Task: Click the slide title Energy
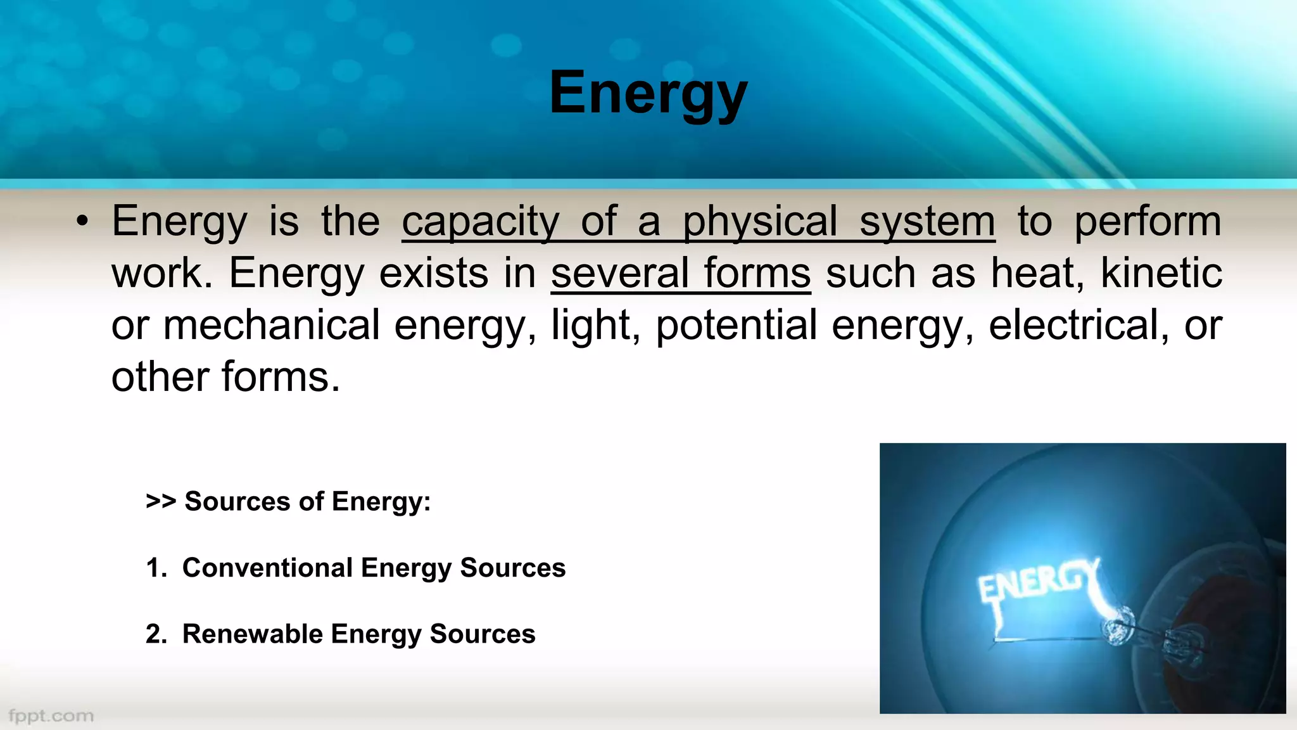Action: [x=648, y=94]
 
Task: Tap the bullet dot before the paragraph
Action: [x=82, y=222]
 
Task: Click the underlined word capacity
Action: [x=480, y=222]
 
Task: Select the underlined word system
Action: [x=927, y=222]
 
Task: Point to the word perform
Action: [x=1148, y=222]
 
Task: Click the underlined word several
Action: [x=619, y=274]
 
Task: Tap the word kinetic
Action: [x=1161, y=274]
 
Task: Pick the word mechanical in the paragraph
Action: [x=271, y=326]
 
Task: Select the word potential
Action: [x=736, y=326]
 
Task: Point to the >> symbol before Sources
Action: [x=160, y=501]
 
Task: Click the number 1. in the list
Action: [x=156, y=568]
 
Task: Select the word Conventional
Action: [x=267, y=568]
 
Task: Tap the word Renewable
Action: [x=252, y=634]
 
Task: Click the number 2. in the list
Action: [x=156, y=634]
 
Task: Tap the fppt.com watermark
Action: [x=51, y=716]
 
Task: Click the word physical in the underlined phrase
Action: [x=759, y=222]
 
